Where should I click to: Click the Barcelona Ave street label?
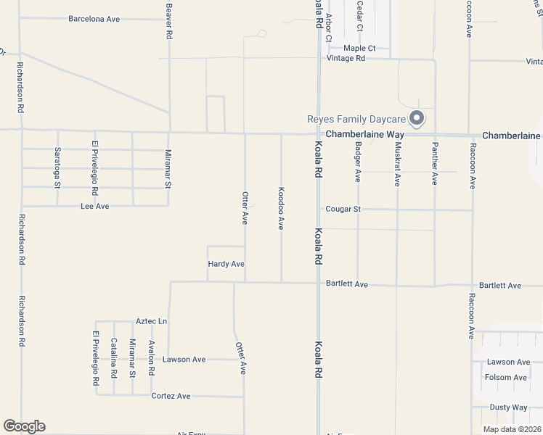pyautogui.click(x=94, y=19)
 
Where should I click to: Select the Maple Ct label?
pyautogui.click(x=359, y=48)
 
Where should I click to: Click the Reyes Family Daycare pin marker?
pyautogui.click(x=417, y=117)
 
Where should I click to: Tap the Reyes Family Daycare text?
pyautogui.click(x=355, y=119)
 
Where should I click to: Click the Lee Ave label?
pyautogui.click(x=94, y=207)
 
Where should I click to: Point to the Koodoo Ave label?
pyautogui.click(x=281, y=208)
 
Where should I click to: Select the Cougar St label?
pyautogui.click(x=343, y=209)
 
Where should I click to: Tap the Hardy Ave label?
pyautogui.click(x=226, y=264)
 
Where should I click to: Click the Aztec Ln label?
pyautogui.click(x=152, y=321)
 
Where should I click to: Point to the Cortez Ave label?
pyautogui.click(x=171, y=396)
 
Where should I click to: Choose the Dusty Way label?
pyautogui.click(x=508, y=407)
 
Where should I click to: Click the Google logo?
pyautogui.click(x=24, y=426)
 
